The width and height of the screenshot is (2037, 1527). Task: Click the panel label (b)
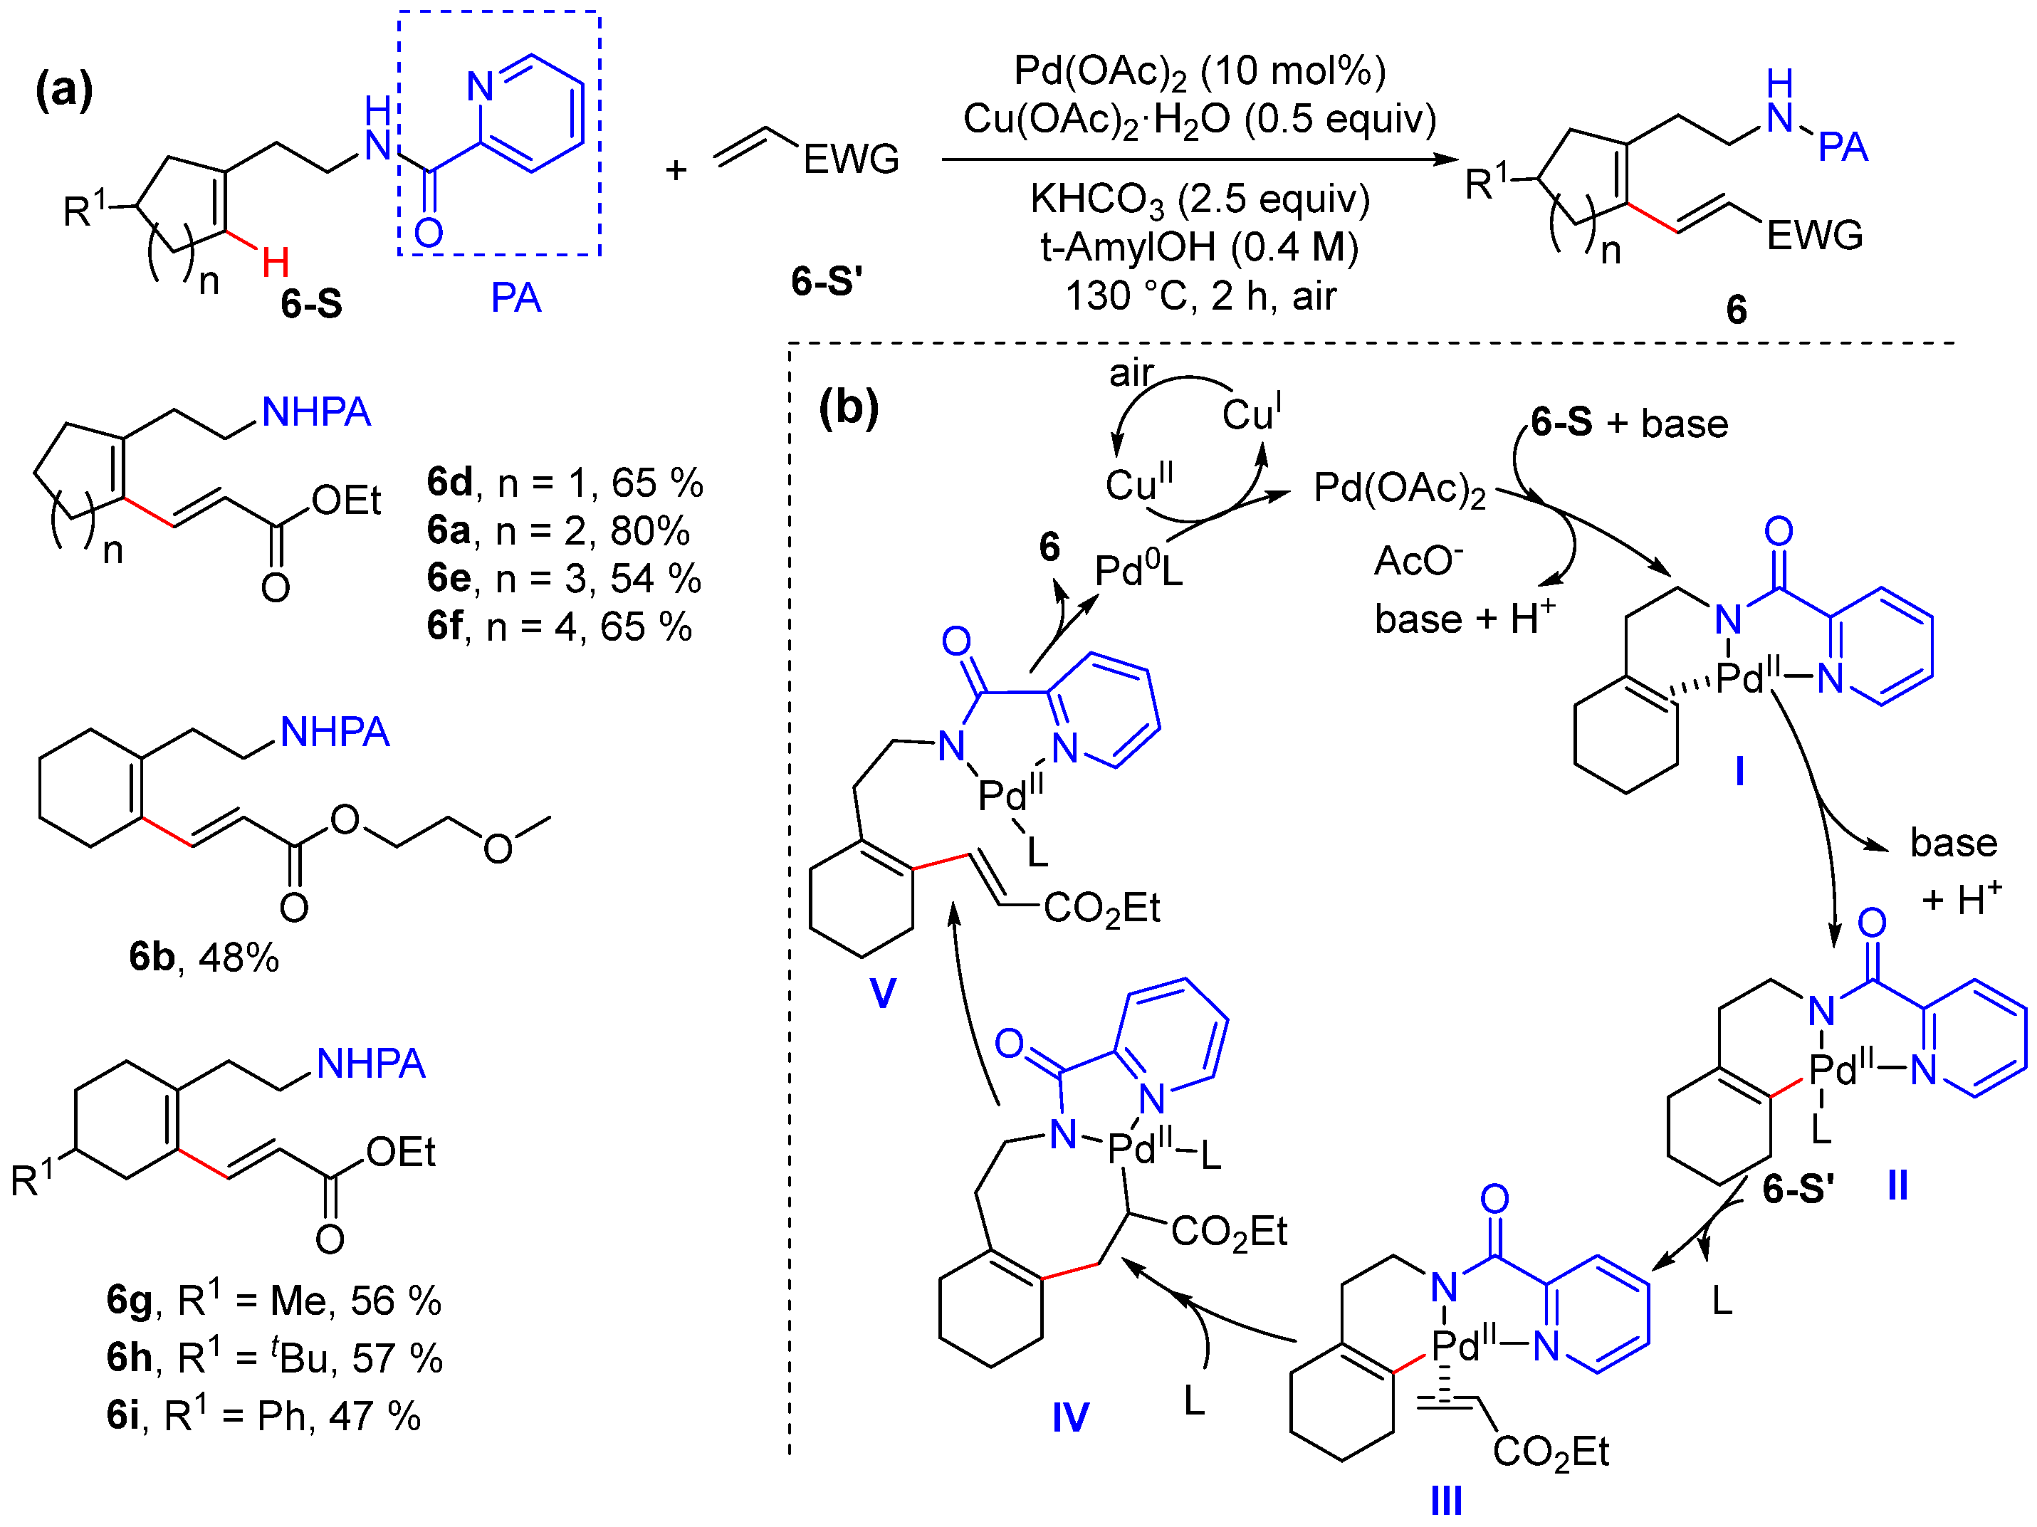[x=848, y=406]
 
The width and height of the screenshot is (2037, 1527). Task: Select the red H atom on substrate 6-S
[x=276, y=263]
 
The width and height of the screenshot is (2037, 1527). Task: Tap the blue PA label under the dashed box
[x=515, y=298]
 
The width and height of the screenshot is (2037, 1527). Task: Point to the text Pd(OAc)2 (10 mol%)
[x=1199, y=71]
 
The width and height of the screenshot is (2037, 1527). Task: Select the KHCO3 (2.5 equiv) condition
[x=1199, y=199]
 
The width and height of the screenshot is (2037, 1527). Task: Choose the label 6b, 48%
[x=204, y=957]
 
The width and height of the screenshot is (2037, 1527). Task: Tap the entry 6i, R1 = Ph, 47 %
[x=263, y=1415]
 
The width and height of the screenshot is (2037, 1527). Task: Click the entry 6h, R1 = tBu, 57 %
[x=274, y=1357]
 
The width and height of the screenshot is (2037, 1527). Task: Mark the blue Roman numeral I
[x=1739, y=771]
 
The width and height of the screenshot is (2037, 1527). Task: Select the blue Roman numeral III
[x=1446, y=1501]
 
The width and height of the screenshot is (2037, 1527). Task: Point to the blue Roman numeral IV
[x=1070, y=1417]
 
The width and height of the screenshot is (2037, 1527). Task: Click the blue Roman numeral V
[x=882, y=993]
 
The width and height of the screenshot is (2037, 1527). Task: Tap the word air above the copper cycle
[x=1131, y=373]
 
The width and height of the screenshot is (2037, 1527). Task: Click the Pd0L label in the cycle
[x=1137, y=572]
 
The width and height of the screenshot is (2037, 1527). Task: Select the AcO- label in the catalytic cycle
[x=1418, y=561]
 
